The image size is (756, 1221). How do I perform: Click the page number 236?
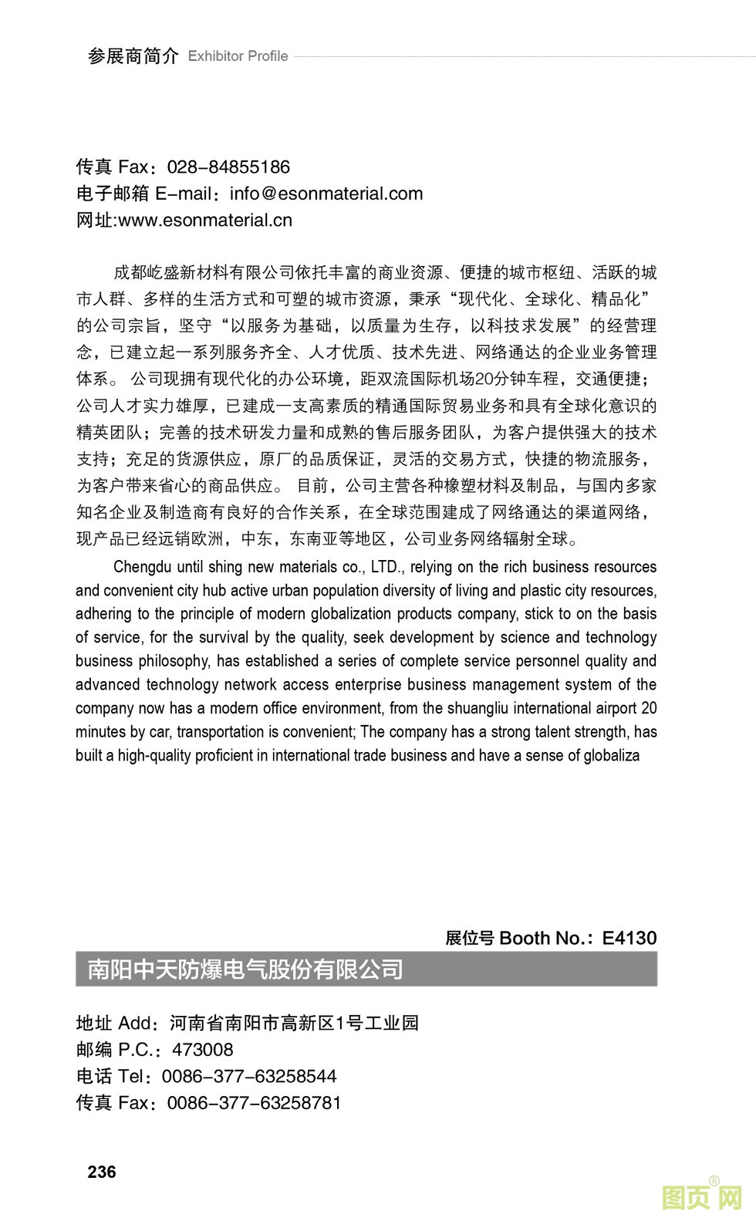tap(102, 1172)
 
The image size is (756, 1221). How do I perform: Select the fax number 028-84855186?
tap(228, 167)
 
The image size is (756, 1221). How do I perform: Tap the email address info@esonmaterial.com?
tap(326, 194)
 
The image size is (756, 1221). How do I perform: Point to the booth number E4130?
tap(629, 938)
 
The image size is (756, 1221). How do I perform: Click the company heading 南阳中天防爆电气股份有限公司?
tap(245, 969)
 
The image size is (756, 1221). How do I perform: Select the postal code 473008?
tap(202, 1050)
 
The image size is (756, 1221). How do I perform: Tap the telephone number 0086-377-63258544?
tap(249, 1077)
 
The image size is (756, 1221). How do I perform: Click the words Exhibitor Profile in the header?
tap(238, 56)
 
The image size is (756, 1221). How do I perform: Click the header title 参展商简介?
tap(133, 56)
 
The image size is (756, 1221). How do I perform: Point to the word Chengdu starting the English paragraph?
tap(143, 567)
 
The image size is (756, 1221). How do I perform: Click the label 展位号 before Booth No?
tap(469, 938)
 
